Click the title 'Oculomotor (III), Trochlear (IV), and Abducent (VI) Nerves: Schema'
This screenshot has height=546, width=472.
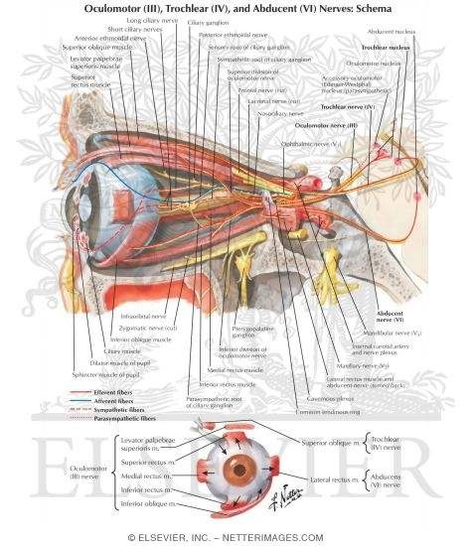[x=236, y=11]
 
